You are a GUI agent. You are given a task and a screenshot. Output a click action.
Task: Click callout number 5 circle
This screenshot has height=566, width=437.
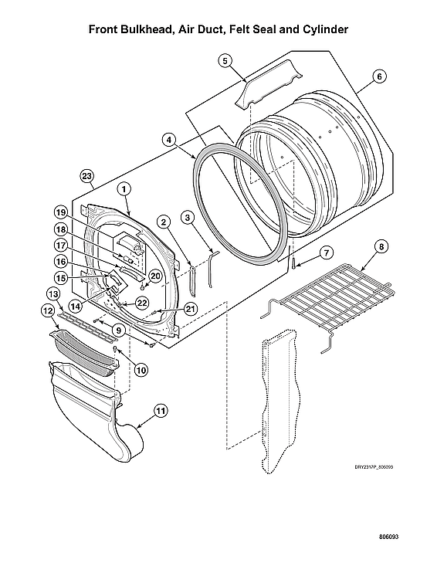point(225,59)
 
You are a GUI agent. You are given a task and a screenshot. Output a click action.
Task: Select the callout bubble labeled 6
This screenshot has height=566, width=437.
point(379,76)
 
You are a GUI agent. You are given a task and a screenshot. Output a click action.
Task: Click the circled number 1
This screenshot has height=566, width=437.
point(123,188)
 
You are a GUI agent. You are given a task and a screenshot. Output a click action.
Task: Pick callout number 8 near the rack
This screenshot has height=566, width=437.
point(381,248)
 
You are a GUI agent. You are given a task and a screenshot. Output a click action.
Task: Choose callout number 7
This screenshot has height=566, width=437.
point(327,252)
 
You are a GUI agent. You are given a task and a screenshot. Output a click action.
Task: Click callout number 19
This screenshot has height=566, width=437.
point(60,212)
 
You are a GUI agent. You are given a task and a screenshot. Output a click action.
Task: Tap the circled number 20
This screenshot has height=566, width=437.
point(154,276)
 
